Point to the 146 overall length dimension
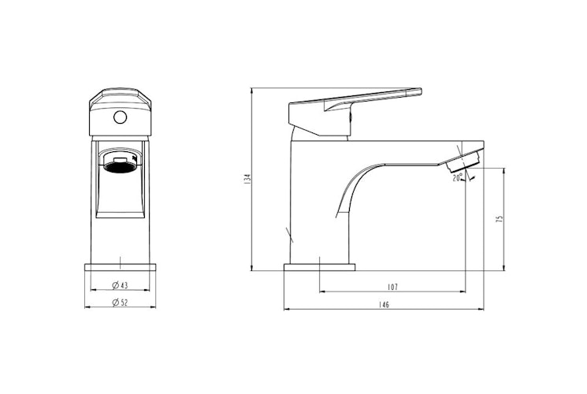[384, 304]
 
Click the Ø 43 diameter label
[120, 285]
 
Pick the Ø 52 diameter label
[120, 303]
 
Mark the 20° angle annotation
[458, 178]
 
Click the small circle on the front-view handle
[120, 117]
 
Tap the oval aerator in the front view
[120, 165]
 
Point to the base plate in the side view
[319, 266]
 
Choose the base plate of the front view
[120, 266]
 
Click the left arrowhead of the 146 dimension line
[286, 310]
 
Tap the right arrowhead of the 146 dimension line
[483, 310]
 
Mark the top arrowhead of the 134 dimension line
[251, 91]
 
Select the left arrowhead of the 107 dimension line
[321, 292]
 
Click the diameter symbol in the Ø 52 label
[115, 303]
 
